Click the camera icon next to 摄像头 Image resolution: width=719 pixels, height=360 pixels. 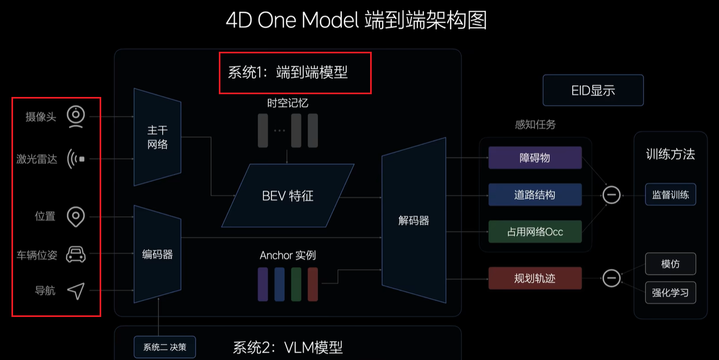pyautogui.click(x=76, y=117)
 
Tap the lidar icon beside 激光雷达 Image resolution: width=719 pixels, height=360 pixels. pyautogui.click(x=76, y=159)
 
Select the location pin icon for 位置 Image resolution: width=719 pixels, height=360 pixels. pyautogui.click(x=76, y=217)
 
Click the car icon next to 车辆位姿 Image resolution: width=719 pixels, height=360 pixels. pyautogui.click(x=76, y=254)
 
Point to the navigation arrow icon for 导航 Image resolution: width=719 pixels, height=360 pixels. pyautogui.click(x=76, y=291)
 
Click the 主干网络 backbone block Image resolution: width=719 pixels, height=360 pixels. pyautogui.click(x=157, y=137)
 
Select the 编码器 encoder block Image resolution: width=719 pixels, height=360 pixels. pyautogui.click(x=157, y=254)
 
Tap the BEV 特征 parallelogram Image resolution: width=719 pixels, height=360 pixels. pyautogui.click(x=288, y=196)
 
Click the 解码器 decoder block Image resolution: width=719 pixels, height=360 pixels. pyautogui.click(x=414, y=221)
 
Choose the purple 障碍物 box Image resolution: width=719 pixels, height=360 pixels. pyautogui.click(x=535, y=158)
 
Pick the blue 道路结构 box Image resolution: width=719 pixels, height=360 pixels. pyautogui.click(x=535, y=194)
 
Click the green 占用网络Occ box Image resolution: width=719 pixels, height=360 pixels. pyautogui.click(x=535, y=231)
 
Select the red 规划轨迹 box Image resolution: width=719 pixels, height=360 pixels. pyautogui.click(x=535, y=278)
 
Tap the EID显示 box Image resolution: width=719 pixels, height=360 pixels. pyautogui.click(x=593, y=90)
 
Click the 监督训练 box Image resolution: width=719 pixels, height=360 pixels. pyautogui.click(x=671, y=194)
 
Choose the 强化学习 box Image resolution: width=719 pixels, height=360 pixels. pyautogui.click(x=671, y=292)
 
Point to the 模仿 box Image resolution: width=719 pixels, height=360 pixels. pyautogui.click(x=671, y=264)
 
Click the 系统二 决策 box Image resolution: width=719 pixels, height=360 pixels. pyautogui.click(x=164, y=347)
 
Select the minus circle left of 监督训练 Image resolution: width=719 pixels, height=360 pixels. pyautogui.click(x=611, y=194)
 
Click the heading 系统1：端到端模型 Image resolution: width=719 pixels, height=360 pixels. pyautogui.click(x=288, y=72)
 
